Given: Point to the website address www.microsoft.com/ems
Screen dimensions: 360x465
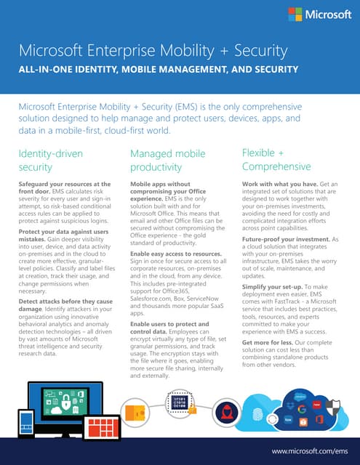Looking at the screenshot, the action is [310, 451].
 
